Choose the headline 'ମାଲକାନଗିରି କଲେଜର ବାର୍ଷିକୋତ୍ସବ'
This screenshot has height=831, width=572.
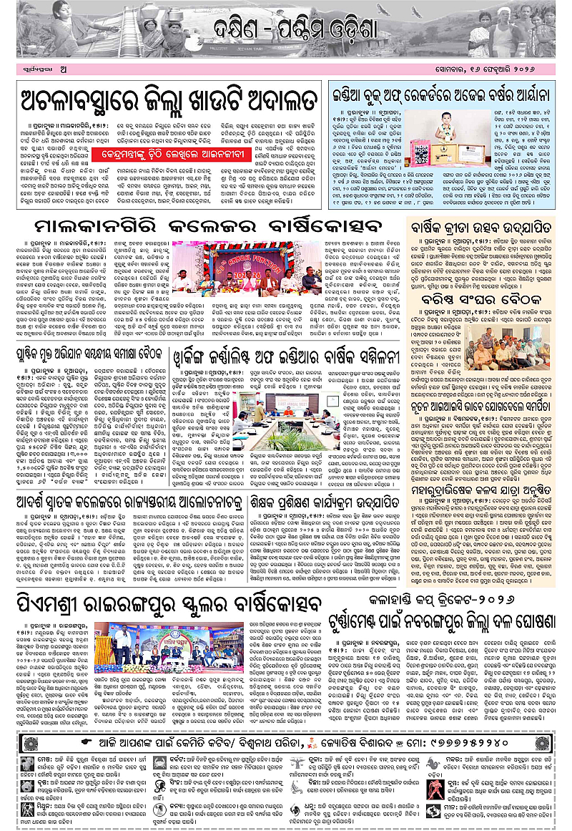tap(208, 228)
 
